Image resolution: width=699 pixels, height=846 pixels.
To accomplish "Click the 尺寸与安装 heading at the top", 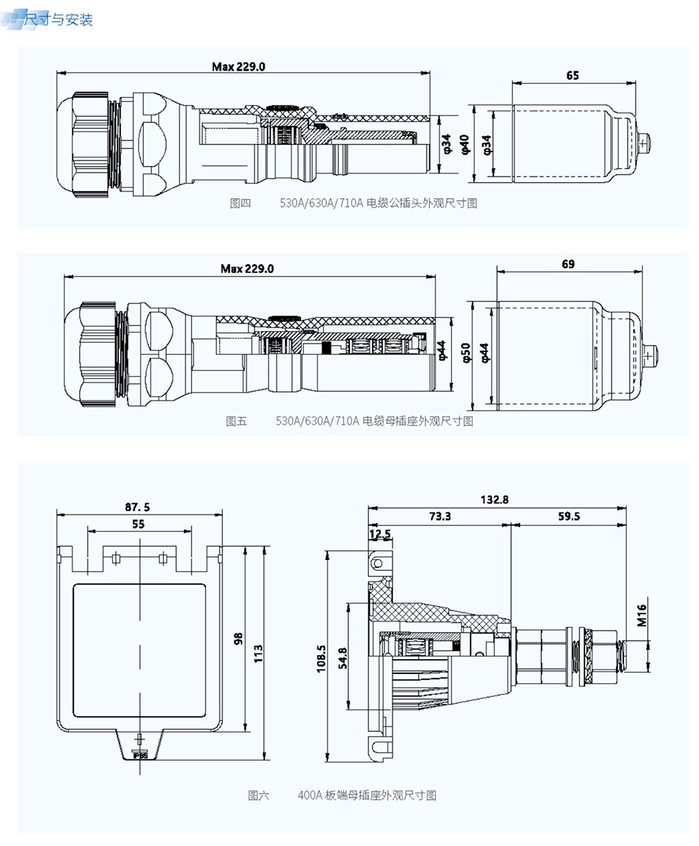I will click(59, 20).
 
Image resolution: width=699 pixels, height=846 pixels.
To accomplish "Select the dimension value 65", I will click(572, 76).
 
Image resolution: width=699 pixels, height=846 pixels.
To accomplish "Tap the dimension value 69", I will click(568, 264).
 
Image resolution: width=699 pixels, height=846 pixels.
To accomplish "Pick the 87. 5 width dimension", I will click(138, 507).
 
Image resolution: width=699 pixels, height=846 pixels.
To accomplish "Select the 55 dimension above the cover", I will click(138, 523).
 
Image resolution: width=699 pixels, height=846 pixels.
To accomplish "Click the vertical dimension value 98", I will click(238, 638).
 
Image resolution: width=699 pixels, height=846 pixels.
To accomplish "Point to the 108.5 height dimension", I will click(322, 658).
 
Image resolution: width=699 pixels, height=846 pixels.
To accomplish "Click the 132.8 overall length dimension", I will click(494, 500).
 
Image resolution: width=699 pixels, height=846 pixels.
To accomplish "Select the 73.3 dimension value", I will click(440, 516).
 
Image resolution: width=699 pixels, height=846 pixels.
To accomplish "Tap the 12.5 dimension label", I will click(380, 534).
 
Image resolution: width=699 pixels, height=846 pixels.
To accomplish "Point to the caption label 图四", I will click(240, 204).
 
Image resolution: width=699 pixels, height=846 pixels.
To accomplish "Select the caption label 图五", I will click(236, 421).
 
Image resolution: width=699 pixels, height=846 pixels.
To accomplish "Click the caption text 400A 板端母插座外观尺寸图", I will click(367, 796).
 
